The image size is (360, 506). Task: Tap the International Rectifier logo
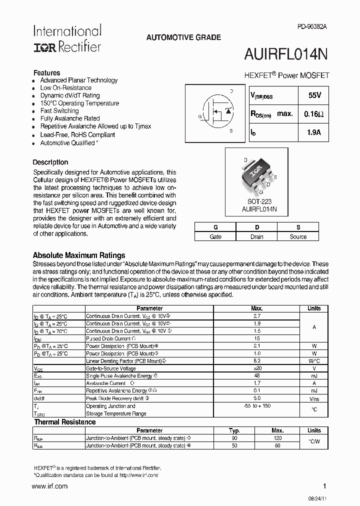point(67,38)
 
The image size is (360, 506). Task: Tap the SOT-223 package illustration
point(256,175)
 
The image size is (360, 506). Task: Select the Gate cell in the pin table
point(215,236)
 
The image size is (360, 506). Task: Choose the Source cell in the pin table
point(298,236)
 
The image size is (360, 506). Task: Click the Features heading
point(46,72)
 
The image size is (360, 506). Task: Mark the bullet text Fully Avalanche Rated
point(70,118)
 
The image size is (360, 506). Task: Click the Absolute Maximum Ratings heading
point(79,255)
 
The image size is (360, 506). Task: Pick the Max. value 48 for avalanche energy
point(256,375)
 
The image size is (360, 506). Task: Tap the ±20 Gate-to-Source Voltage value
point(256,368)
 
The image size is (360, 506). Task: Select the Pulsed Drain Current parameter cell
point(108,338)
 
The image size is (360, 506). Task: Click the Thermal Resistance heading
point(64,422)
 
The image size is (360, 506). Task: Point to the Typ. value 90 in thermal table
point(234,438)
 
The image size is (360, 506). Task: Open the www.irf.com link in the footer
point(49,486)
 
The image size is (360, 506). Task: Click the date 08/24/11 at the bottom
point(318,499)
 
